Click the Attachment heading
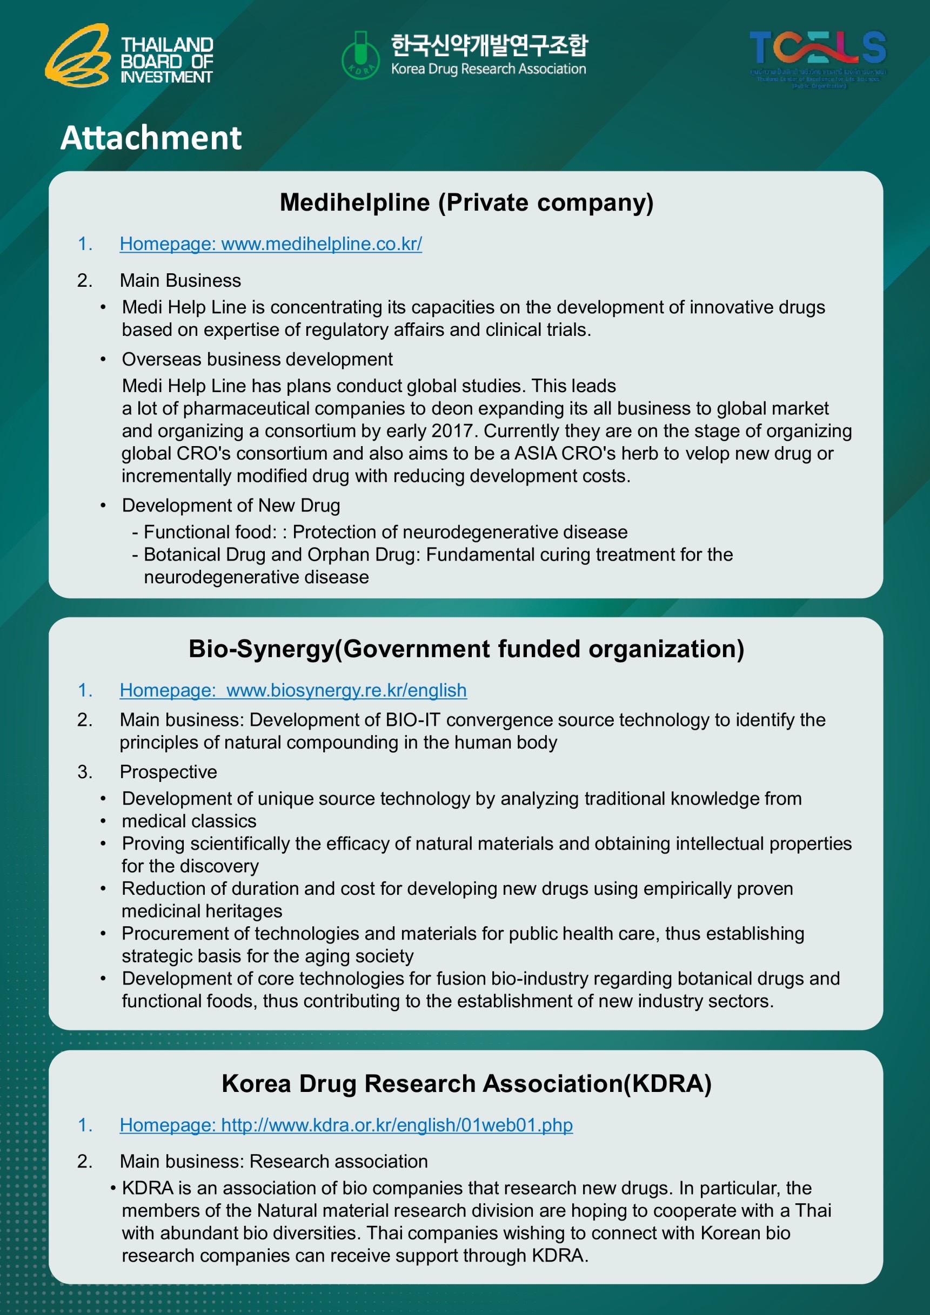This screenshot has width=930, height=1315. click(151, 138)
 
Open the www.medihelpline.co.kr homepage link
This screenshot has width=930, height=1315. click(271, 244)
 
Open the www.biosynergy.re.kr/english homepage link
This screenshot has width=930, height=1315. click(293, 690)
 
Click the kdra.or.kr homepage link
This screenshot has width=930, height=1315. click(345, 1125)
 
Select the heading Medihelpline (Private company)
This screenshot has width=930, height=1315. click(466, 202)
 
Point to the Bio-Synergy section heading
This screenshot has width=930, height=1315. click(466, 649)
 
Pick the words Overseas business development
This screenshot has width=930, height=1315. click(257, 359)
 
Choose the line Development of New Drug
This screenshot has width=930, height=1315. click(230, 505)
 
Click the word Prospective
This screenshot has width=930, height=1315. click(168, 772)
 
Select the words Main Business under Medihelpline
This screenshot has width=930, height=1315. click(180, 281)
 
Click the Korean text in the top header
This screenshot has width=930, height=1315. click(489, 45)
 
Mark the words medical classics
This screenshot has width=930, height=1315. click(189, 821)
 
